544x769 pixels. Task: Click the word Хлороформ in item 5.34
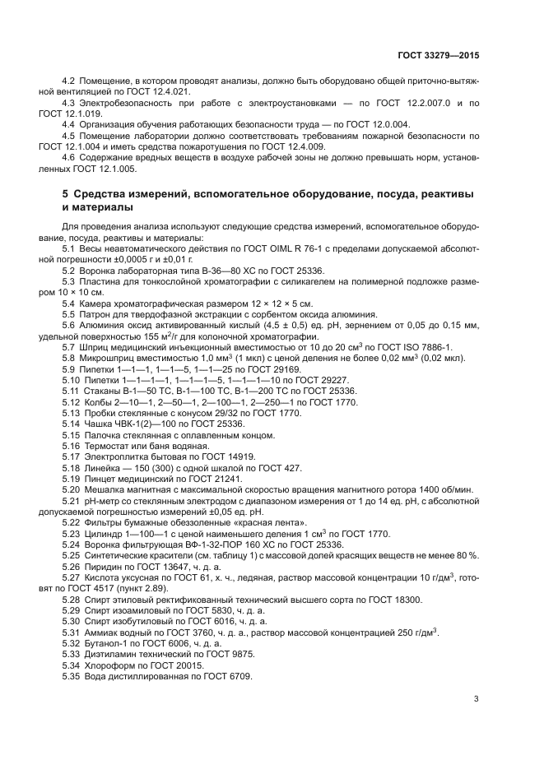pos(104,665)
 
